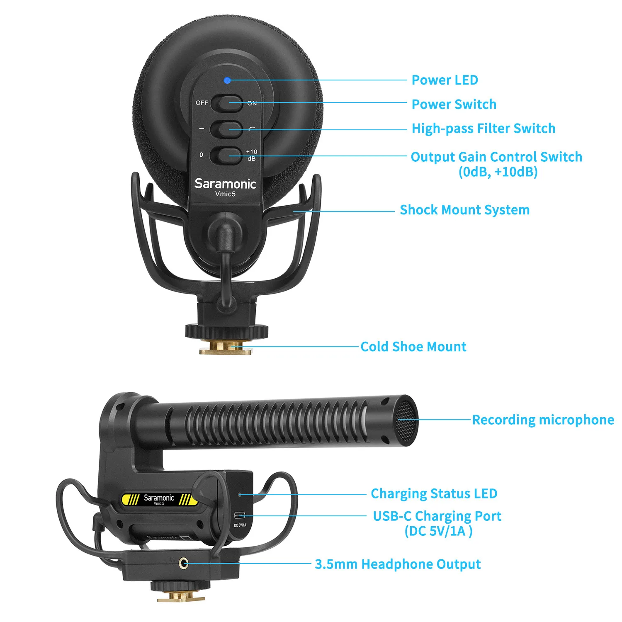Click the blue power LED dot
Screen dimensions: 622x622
coord(227,80)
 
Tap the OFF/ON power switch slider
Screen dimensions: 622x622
coord(226,103)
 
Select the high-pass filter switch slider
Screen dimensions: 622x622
coord(226,129)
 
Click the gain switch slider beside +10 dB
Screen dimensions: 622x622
coord(226,155)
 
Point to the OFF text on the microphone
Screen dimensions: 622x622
coord(202,103)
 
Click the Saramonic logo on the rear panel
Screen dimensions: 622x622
coord(225,184)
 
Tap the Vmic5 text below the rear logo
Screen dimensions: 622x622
coord(225,194)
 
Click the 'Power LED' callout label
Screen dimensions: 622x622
coord(445,80)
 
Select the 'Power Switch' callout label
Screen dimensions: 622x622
coord(454,104)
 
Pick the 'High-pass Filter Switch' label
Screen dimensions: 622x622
coord(483,129)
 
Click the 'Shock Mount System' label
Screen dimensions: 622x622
coord(464,210)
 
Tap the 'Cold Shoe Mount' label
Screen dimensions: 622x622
coord(413,347)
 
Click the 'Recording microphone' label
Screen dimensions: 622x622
coord(543,420)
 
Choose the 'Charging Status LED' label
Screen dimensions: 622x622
coord(434,493)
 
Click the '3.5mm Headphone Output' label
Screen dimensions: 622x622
coord(398,564)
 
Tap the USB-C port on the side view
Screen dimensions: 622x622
coord(240,515)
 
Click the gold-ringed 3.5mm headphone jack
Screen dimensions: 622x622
coord(183,563)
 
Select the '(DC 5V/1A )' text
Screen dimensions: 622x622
coord(438,531)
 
